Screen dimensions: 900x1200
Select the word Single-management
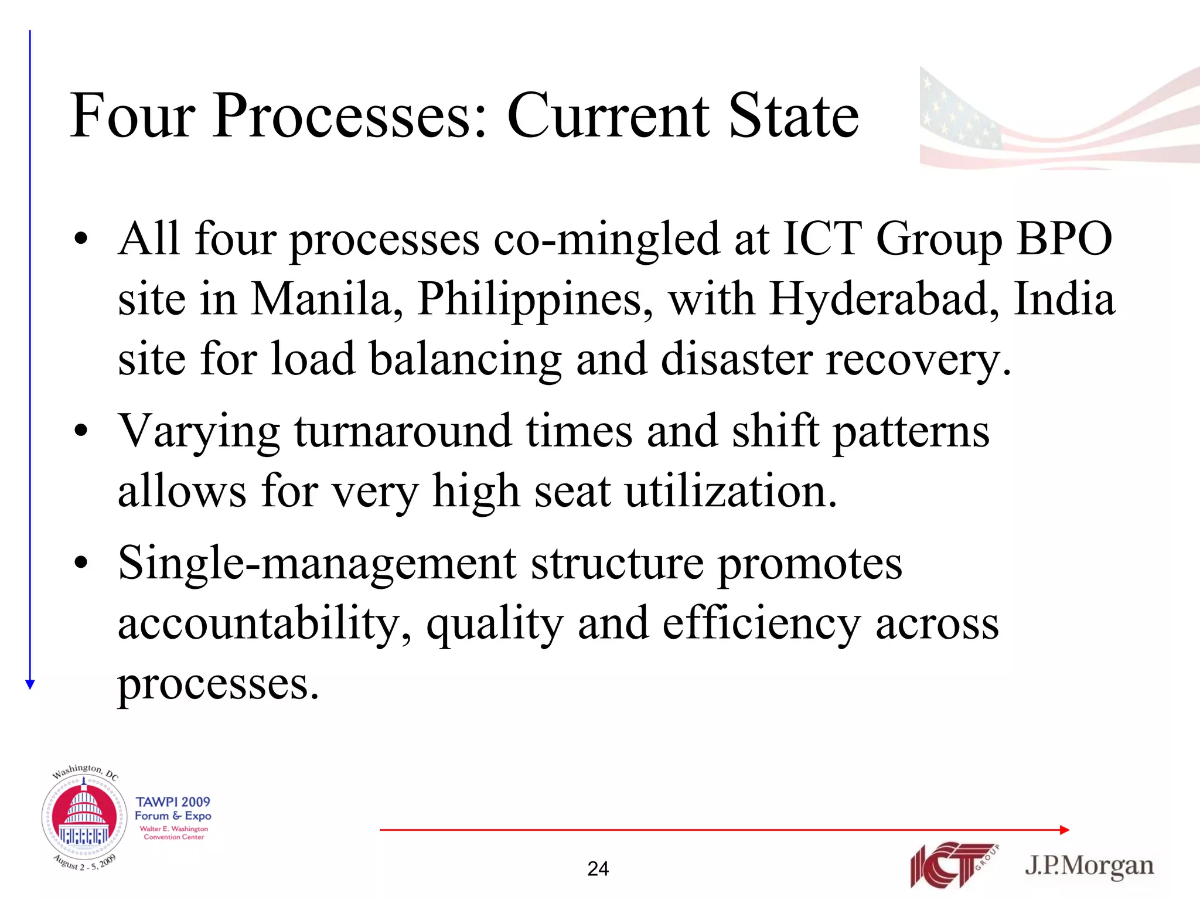(317, 564)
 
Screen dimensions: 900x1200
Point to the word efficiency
(761, 625)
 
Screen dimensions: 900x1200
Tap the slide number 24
(598, 868)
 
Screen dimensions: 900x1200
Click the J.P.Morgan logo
(1089, 866)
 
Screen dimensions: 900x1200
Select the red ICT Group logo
(952, 865)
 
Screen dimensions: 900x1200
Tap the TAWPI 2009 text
(173, 802)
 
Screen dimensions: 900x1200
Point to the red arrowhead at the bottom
(1065, 830)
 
